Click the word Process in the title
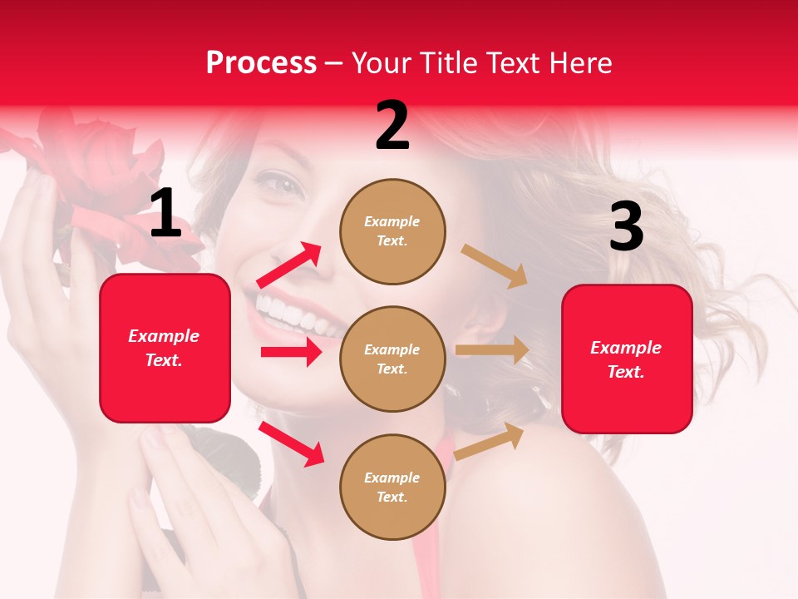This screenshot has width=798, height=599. pyautogui.click(x=261, y=63)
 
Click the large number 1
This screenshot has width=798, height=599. pyautogui.click(x=165, y=214)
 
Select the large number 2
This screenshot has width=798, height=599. pyautogui.click(x=392, y=126)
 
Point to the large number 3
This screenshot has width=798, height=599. pyautogui.click(x=626, y=227)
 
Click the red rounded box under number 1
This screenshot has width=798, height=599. pyautogui.click(x=165, y=348)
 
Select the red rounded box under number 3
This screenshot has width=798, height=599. pyautogui.click(x=627, y=359)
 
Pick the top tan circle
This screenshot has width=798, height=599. pyautogui.click(x=392, y=230)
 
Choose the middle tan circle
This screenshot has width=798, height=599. pyautogui.click(x=392, y=359)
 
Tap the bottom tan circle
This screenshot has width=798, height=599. pyautogui.click(x=392, y=487)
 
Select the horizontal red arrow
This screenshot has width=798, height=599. pyautogui.click(x=291, y=352)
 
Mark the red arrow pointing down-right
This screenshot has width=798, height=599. pyautogui.click(x=292, y=443)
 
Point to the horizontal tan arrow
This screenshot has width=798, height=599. pyautogui.click(x=492, y=350)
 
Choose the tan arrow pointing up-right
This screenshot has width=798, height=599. pyautogui.click(x=490, y=441)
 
